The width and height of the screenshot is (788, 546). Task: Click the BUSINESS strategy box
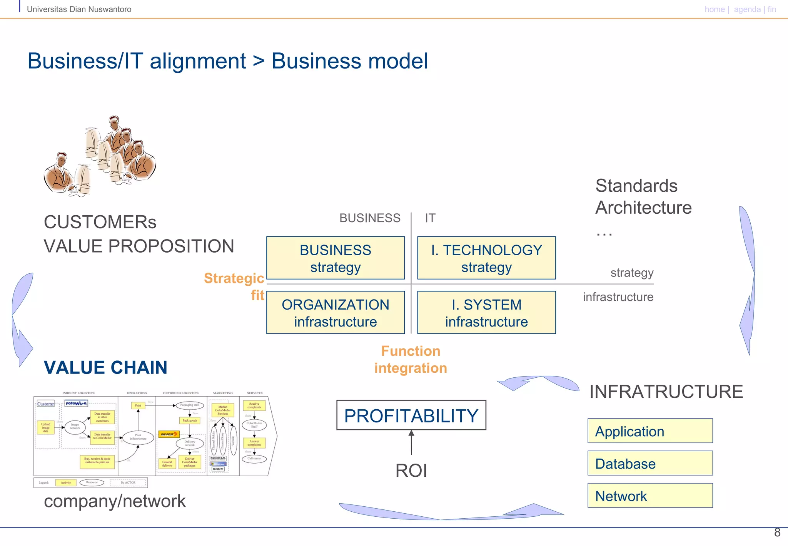point(335,258)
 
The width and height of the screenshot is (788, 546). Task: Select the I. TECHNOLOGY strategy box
point(486,258)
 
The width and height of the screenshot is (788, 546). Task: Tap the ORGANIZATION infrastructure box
point(335,313)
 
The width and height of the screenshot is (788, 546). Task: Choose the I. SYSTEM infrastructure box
point(486,313)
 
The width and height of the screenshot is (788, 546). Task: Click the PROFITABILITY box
point(411,415)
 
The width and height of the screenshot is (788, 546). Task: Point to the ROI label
point(411,471)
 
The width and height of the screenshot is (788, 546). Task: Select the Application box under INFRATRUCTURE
point(650,431)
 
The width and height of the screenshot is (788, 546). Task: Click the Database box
point(650,463)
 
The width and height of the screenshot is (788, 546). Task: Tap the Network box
point(650,496)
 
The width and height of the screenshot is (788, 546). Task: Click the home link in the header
point(715,9)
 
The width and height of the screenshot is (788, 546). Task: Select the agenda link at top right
point(747,9)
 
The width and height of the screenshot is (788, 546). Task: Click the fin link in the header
point(771,9)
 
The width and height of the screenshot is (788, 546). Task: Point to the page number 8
point(777,533)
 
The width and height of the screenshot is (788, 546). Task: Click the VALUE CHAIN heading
point(105,367)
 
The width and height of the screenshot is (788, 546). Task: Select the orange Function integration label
point(411,359)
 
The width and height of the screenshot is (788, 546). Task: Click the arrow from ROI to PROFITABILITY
point(411,443)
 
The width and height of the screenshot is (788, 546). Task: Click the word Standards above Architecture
point(636,186)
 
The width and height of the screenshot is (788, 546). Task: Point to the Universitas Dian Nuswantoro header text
point(79,9)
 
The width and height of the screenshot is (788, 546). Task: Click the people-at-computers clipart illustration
point(100,156)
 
